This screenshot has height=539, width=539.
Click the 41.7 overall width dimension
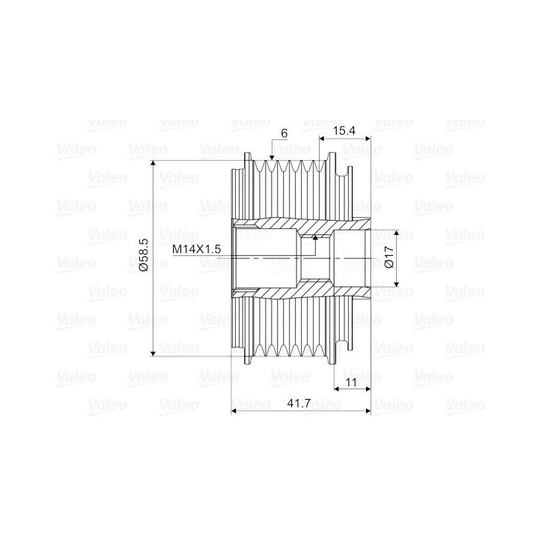[299, 403]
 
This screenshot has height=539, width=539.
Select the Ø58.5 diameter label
[144, 255]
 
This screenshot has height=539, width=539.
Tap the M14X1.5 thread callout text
[196, 249]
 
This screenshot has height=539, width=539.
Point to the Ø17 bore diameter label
[389, 257]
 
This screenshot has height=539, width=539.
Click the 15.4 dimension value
[344, 130]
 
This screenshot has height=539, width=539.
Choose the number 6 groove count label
[284, 133]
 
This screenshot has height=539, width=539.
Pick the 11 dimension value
[351, 383]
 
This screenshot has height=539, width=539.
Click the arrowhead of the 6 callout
[272, 158]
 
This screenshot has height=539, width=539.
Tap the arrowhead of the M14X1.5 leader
[315, 237]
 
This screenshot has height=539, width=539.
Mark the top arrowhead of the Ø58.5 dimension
[153, 163]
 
